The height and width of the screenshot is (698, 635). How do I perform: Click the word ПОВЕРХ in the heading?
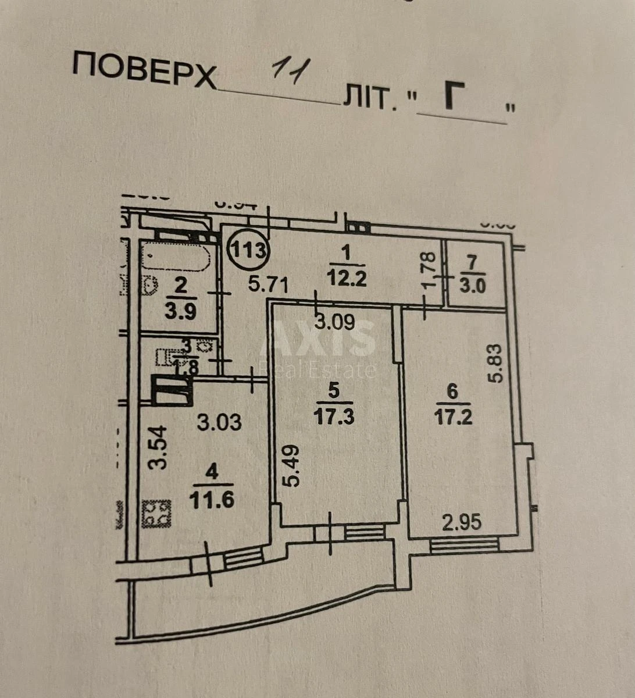point(144,70)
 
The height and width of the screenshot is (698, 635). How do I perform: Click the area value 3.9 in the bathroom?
point(180,309)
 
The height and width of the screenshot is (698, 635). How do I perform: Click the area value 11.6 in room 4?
point(212,499)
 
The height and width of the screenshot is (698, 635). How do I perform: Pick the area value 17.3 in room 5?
point(333,416)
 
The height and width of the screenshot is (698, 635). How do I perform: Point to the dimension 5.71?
point(269,285)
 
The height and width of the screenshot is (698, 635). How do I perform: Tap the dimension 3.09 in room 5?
point(334,322)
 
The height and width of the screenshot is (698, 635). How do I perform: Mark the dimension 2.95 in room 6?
point(462,523)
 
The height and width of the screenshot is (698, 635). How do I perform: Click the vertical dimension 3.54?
point(158,447)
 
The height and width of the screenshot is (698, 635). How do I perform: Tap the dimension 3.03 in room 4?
point(219,422)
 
